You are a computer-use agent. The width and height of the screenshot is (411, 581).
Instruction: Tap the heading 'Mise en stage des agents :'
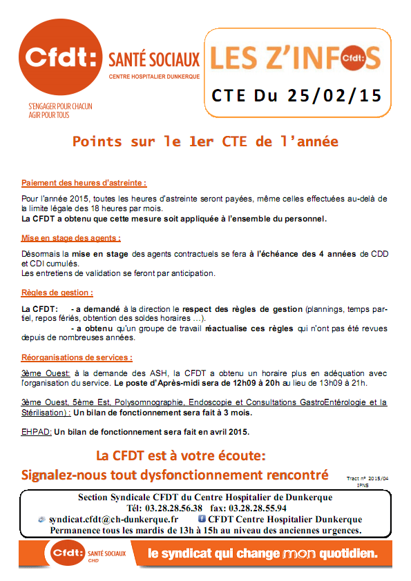point(71,238)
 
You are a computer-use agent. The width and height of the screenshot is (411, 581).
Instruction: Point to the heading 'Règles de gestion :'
point(57,293)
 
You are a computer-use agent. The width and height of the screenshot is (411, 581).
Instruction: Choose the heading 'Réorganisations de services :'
point(77,358)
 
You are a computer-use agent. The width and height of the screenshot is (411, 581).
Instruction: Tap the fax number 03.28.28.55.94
point(253,508)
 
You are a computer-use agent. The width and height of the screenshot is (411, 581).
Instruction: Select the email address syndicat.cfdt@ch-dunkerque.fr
point(113,519)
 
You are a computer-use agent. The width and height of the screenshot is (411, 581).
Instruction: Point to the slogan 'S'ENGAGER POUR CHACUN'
point(60,107)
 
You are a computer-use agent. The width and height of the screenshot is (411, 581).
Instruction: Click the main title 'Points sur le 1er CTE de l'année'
point(205,142)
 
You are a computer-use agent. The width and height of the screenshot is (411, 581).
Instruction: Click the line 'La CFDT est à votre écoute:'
point(181,456)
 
